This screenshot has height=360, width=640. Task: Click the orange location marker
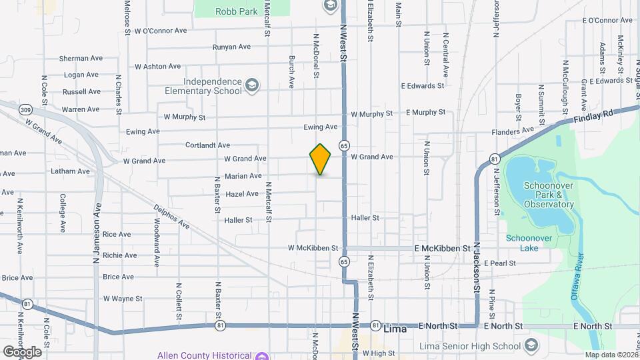(x=320, y=159)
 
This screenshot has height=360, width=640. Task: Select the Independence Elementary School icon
(x=253, y=85)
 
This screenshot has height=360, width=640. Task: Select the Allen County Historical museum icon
(x=262, y=355)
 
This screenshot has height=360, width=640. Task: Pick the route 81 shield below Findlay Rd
(x=494, y=159)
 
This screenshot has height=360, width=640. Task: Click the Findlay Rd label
(x=593, y=117)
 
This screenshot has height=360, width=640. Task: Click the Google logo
(x=22, y=351)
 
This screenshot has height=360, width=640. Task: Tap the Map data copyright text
(x=611, y=355)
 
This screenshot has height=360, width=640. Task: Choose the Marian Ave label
(x=243, y=176)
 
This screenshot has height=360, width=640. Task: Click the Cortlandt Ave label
(x=207, y=145)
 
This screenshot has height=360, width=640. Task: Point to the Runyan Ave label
(x=231, y=47)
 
